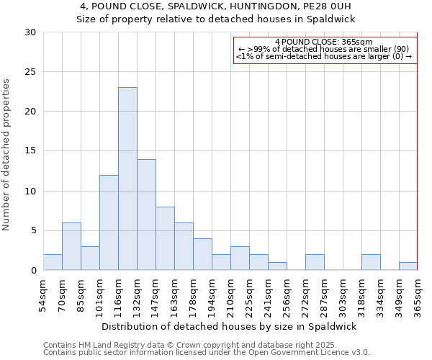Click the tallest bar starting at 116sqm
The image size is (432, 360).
pos(127,179)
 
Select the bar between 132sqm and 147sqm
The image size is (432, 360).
pos(146,215)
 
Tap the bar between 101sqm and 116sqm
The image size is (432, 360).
pos(109,222)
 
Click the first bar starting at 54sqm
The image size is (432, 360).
pos(53,262)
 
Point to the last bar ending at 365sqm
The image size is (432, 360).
pos(408,266)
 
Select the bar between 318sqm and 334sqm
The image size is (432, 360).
pos(371,262)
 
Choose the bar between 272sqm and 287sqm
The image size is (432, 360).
pos(315,262)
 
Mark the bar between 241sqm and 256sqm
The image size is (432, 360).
pos(277,266)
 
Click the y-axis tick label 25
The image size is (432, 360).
pos(30,72)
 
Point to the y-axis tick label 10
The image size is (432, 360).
pos(30,192)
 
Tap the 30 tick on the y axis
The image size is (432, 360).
pos(30,32)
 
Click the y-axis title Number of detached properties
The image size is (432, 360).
pos(7,155)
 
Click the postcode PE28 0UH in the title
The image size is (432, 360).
pos(330,6)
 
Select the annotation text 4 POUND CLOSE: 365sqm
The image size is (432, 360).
pos(324,42)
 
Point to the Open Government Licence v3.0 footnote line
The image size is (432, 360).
pos(207,353)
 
